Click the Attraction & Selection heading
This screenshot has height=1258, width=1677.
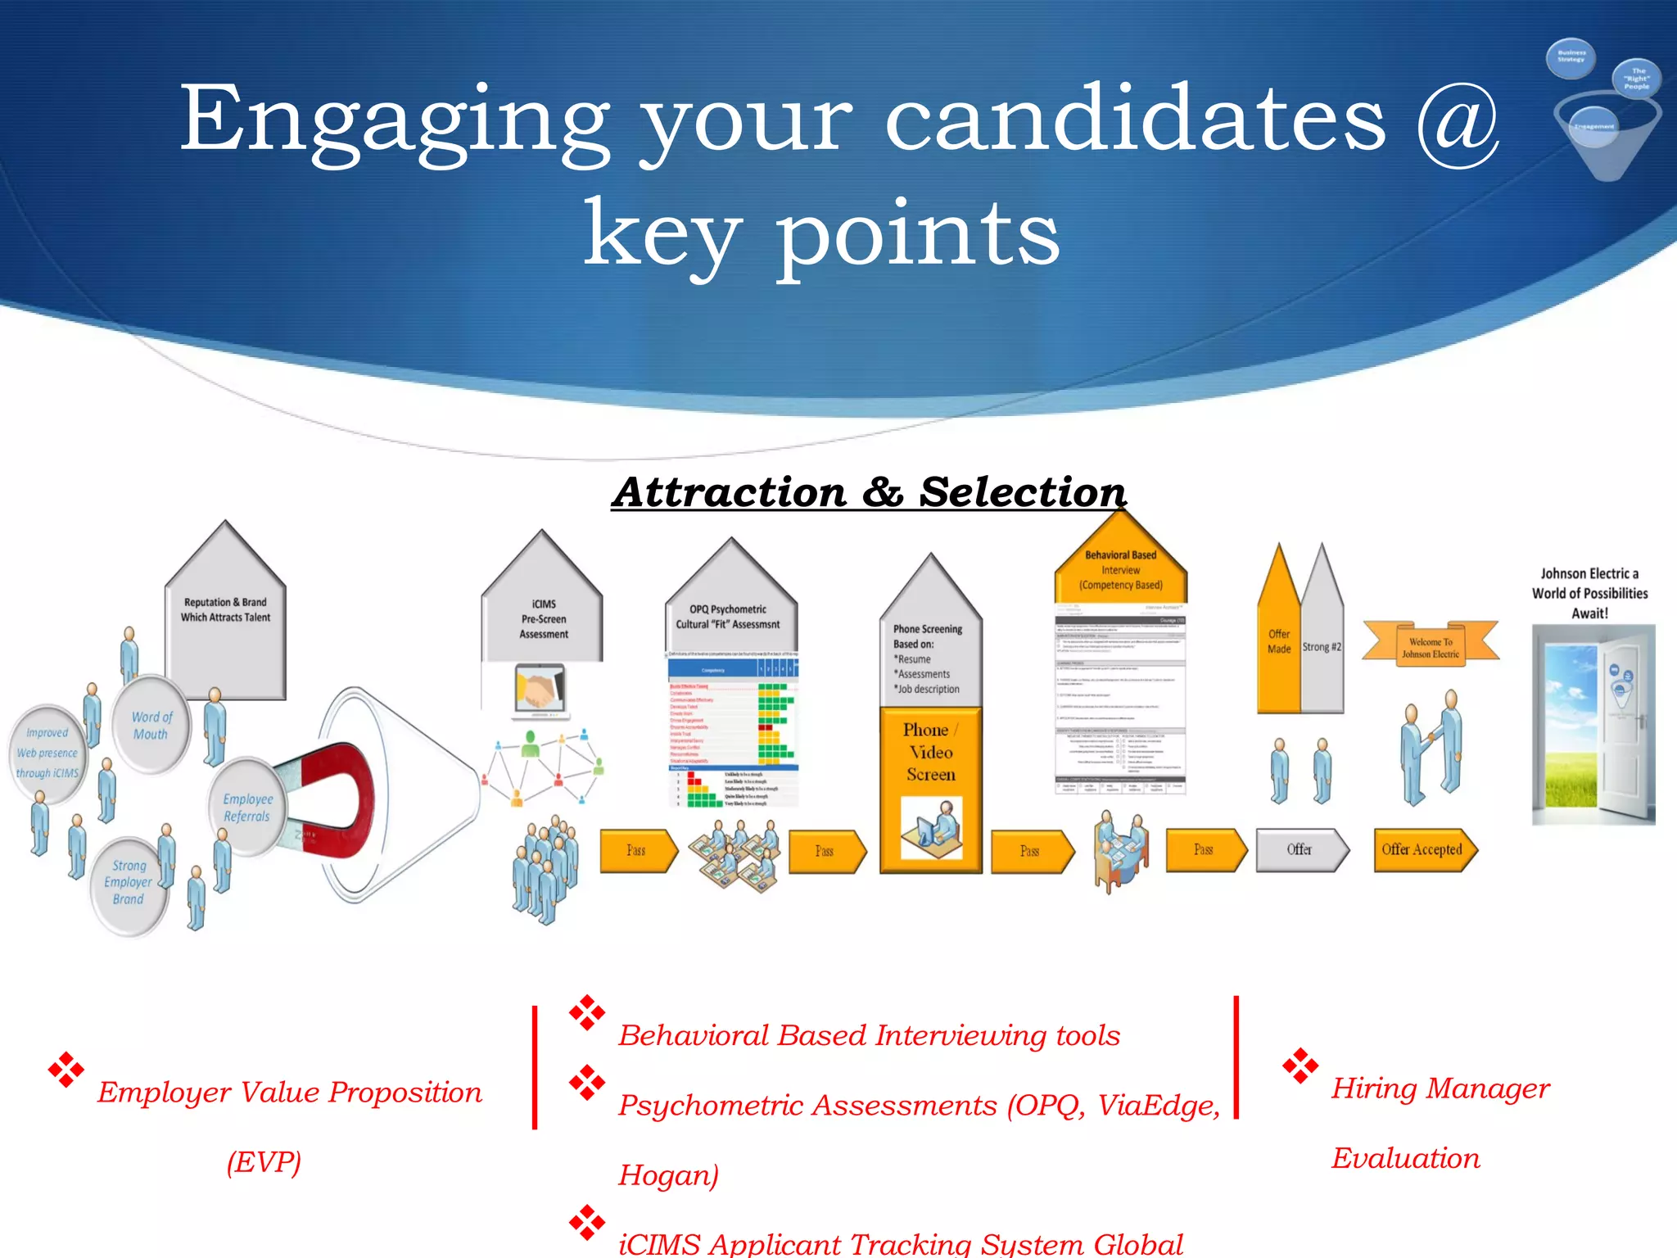tap(869, 492)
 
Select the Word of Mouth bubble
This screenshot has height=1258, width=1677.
tap(151, 725)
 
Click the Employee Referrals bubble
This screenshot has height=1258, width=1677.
tap(246, 808)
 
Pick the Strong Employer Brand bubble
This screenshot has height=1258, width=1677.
tap(129, 883)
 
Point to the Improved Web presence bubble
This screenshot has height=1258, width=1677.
tap(47, 753)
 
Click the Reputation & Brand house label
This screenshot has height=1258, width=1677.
tap(225, 610)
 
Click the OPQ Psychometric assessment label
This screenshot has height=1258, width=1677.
tap(728, 617)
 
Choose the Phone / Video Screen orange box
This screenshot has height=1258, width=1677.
tap(930, 786)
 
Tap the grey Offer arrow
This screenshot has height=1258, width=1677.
tap(1300, 850)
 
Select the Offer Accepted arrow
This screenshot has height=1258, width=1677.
tap(1423, 850)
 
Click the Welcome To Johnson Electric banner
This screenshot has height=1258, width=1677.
tap(1430, 647)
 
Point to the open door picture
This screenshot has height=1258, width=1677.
tap(1593, 725)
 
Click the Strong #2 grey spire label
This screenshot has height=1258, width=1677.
tap(1322, 647)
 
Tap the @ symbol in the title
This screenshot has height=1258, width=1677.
tap(1458, 123)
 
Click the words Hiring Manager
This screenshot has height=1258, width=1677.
tap(1440, 1088)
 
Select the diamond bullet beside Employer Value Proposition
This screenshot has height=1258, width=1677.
tap(66, 1070)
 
